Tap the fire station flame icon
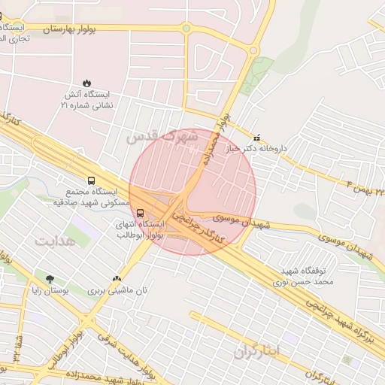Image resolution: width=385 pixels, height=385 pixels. [87, 83]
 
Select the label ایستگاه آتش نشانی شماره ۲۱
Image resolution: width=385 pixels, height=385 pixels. [86, 101]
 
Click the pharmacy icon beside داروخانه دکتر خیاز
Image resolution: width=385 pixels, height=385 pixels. [258, 138]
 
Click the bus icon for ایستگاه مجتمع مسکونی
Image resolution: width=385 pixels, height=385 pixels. [91, 181]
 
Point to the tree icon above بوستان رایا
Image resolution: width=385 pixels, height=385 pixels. [50, 277]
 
